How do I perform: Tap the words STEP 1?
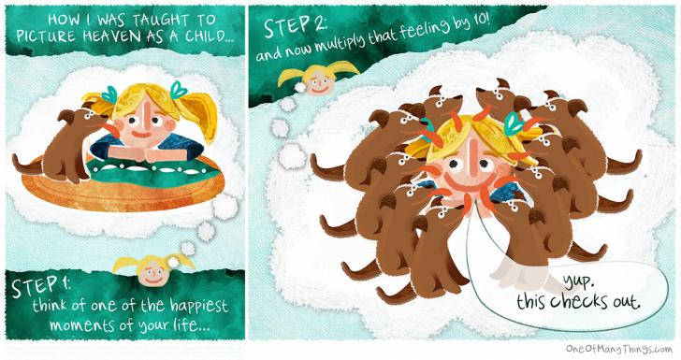(x=41, y=286)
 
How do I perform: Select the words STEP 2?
(x=296, y=26)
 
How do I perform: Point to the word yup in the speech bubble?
(x=578, y=283)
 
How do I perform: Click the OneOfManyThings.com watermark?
(x=619, y=348)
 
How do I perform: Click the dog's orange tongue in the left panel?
(x=111, y=129)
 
